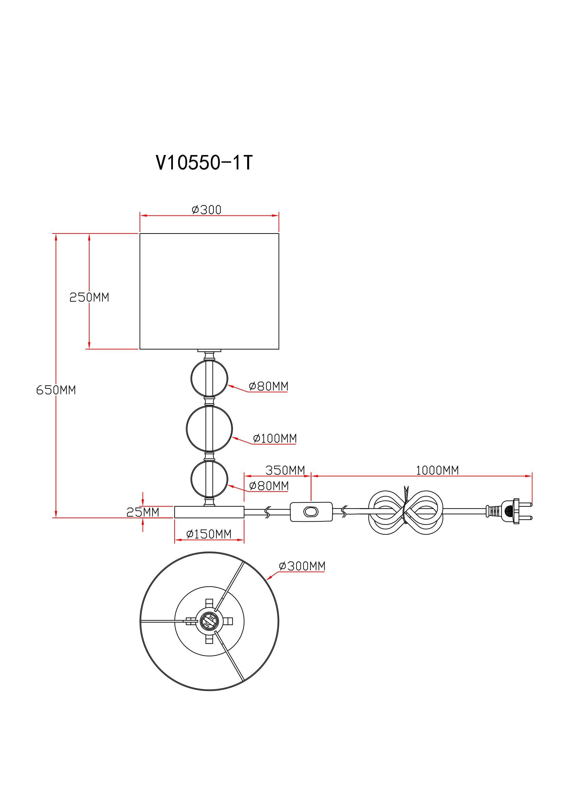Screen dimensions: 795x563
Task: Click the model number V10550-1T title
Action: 204,162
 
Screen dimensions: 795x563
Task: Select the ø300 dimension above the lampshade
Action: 207,209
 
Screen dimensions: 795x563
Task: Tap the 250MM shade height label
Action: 89,297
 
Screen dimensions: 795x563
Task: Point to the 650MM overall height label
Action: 56,390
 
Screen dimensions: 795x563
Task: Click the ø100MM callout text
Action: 275,438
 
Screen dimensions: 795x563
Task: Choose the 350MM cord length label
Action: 285,470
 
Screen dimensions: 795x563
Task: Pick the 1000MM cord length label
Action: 437,470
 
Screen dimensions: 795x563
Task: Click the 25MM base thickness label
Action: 143,512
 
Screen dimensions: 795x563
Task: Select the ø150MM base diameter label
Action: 209,534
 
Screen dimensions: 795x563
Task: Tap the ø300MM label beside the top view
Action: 302,566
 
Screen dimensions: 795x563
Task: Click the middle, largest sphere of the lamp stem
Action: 209,429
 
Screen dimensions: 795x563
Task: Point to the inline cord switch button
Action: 311,512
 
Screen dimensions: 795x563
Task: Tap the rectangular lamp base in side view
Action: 209,512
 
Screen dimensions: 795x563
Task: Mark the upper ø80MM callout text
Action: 268,386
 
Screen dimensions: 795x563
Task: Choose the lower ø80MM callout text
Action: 269,486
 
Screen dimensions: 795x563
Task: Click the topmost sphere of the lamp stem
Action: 209,378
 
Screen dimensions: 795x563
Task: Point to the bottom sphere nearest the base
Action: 209,479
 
